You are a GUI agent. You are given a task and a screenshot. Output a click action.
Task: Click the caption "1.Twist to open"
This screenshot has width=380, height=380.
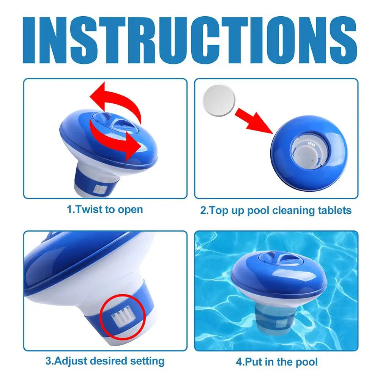(105, 209)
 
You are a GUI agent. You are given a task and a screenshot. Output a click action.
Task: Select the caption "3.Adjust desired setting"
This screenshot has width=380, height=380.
(105, 361)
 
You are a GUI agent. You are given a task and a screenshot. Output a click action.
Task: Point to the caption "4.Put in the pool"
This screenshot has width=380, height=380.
(277, 361)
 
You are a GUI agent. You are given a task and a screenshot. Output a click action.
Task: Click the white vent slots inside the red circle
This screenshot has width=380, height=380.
(122, 312)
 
